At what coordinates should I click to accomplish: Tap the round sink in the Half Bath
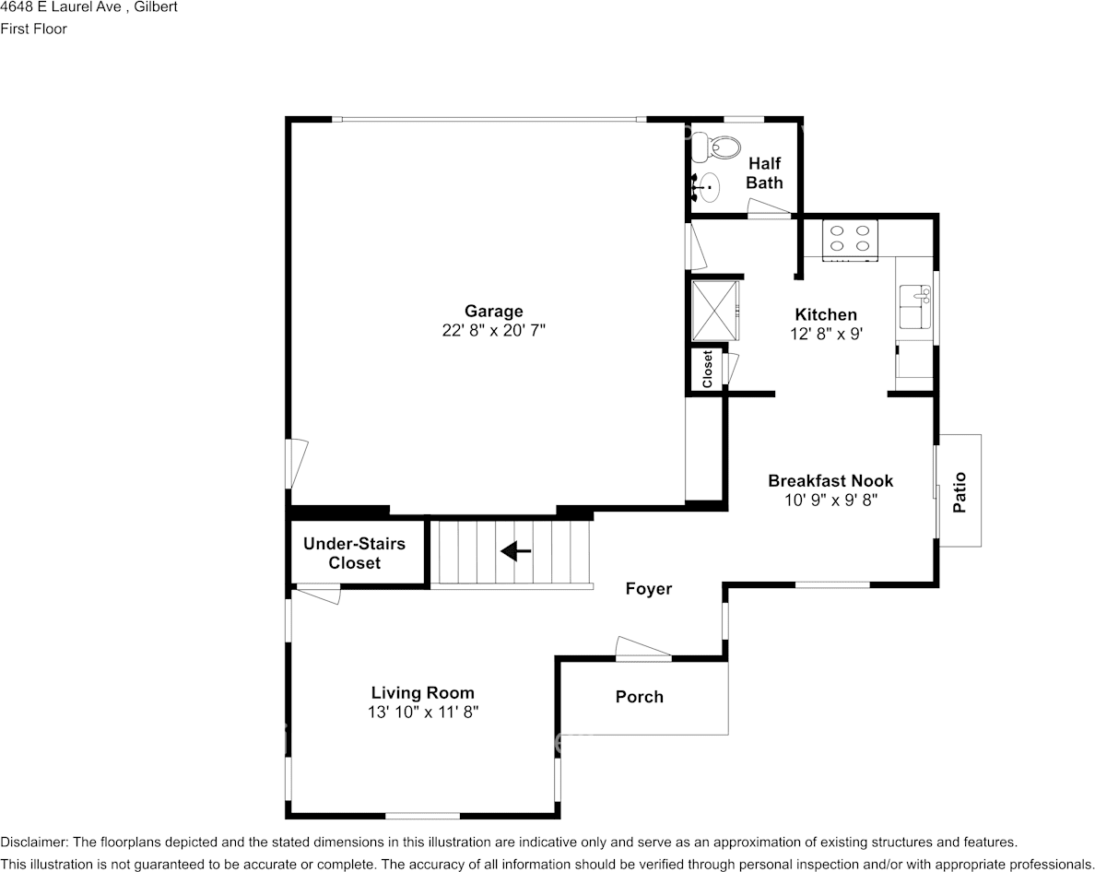click(707, 187)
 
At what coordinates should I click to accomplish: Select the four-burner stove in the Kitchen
click(850, 239)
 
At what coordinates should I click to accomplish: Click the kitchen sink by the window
click(915, 306)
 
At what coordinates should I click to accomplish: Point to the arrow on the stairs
click(516, 551)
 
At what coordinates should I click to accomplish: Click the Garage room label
click(494, 312)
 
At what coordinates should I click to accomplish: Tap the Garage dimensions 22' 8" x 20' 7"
click(494, 330)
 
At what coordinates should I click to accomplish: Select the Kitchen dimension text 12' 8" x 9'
click(826, 334)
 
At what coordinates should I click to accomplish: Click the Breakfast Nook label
click(830, 480)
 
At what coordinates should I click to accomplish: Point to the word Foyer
click(649, 588)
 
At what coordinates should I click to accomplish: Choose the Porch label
click(639, 696)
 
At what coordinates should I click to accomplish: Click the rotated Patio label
click(960, 492)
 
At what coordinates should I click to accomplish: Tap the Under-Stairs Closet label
click(354, 553)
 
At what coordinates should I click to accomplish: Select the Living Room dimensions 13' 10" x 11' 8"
click(423, 713)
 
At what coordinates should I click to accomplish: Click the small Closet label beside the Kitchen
click(707, 369)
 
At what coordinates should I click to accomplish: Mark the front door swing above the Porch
click(643, 648)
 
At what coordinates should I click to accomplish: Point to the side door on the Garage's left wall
click(296, 464)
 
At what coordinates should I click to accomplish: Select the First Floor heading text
click(33, 29)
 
